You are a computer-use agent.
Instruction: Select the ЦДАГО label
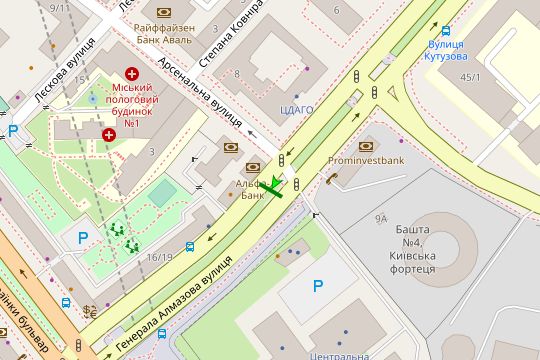tap(297, 109)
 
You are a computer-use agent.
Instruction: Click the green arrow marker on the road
tap(273, 186)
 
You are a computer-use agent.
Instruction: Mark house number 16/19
tap(159, 257)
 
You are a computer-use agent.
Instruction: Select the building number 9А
tap(381, 217)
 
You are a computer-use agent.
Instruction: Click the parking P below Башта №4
tap(318, 287)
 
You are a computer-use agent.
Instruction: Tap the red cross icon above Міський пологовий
tap(131, 75)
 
